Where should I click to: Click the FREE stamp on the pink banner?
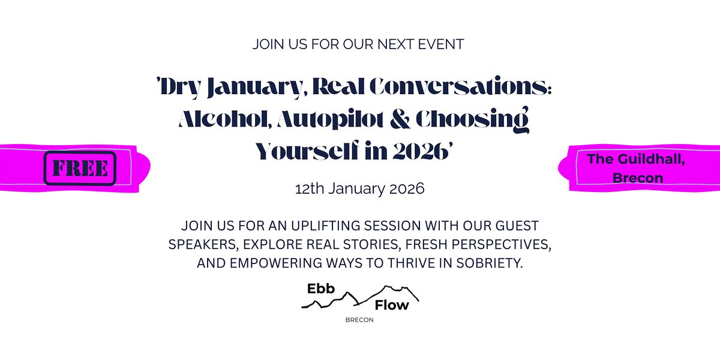[x=80, y=168]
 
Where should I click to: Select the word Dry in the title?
[x=179, y=88]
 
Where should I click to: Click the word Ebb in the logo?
[x=320, y=289]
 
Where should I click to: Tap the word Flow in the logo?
[x=391, y=305]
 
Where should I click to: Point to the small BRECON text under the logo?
[x=359, y=320]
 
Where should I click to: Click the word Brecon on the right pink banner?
[x=637, y=178]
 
